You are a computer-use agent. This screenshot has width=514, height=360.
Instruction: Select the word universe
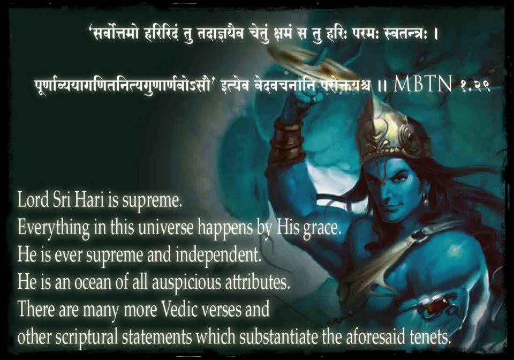166,228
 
